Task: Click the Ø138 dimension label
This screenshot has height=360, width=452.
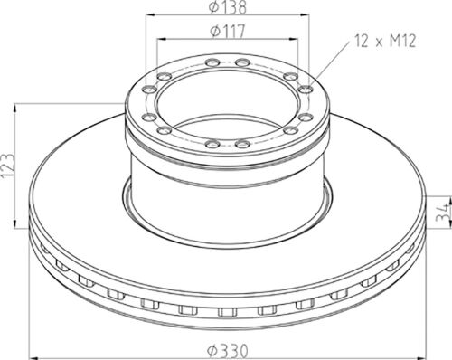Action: [228, 7]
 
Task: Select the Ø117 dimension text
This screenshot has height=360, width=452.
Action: [228, 31]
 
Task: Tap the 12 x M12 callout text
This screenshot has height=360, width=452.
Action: [385, 41]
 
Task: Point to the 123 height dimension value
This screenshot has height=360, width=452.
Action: [7, 166]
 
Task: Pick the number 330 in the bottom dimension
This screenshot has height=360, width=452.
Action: [236, 351]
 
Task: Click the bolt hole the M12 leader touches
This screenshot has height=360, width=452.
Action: [306, 89]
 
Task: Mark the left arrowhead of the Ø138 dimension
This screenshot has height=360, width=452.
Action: [150, 14]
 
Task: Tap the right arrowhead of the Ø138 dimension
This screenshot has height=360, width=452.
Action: [305, 14]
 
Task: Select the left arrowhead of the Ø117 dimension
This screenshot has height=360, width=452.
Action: [162, 39]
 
